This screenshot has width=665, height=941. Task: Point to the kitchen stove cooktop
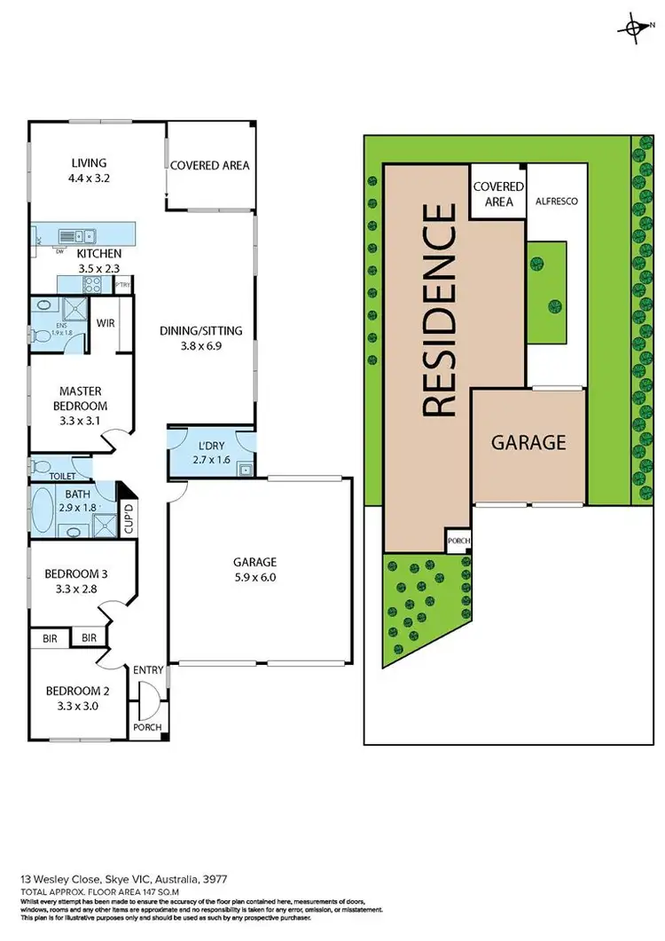[x=92, y=284]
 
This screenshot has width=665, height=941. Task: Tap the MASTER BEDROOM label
[x=81, y=399]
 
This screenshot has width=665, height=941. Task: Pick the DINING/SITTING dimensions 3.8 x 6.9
[x=200, y=345]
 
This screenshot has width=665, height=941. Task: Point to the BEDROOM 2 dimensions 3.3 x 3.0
[x=75, y=707]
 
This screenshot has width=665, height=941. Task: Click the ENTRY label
[x=148, y=671]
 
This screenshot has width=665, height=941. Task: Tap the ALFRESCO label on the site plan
[x=557, y=202]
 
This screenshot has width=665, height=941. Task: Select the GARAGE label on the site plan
[x=528, y=442]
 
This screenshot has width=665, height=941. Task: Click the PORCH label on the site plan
[x=458, y=541]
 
